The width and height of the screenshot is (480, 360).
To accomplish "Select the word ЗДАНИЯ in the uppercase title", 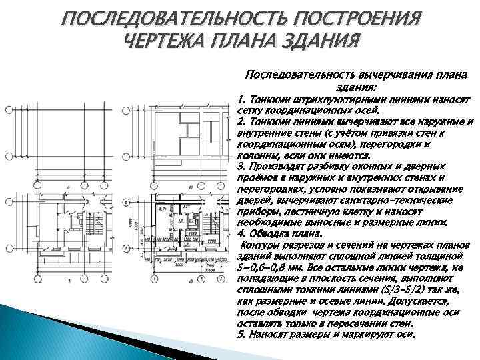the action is pyautogui.click(x=317, y=41).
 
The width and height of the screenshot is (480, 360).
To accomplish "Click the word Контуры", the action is pyautogui.click(x=260, y=245).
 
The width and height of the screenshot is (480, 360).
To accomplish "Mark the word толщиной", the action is pyautogui.click(x=446, y=257).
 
